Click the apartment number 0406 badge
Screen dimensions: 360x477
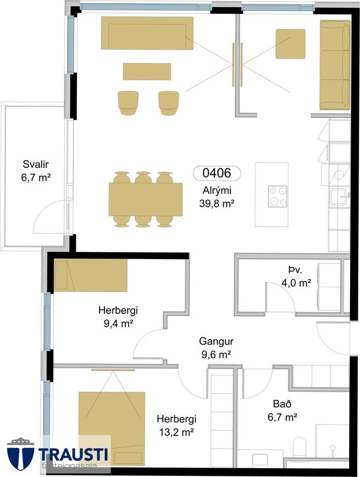(217, 173)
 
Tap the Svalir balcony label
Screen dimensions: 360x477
(36, 165)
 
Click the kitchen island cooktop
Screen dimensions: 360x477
(278, 196)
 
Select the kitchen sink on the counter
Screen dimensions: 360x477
(340, 197)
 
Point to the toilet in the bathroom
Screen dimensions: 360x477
(300, 447)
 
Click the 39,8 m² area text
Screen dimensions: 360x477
(217, 204)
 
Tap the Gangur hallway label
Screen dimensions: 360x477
(217, 341)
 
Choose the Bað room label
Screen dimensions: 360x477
(282, 404)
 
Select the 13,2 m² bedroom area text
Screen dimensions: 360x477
(176, 432)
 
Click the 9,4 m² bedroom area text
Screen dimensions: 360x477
(119, 324)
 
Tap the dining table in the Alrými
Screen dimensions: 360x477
(146, 199)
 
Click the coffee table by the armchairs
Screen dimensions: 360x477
(147, 72)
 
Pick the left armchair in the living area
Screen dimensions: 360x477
(128, 103)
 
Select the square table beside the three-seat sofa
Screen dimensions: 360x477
(290, 44)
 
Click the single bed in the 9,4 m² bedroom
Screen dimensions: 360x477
(91, 275)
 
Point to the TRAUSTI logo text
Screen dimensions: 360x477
(73, 454)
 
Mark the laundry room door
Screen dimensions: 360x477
(280, 297)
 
